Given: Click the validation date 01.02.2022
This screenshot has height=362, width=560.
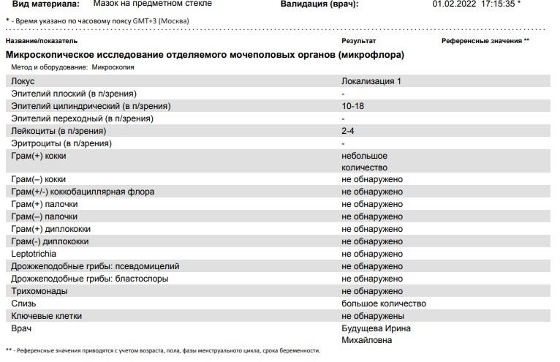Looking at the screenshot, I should click(453, 4).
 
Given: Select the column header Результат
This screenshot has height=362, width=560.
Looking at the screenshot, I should click(358, 41).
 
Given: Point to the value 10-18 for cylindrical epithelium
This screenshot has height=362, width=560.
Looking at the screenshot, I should click(352, 106).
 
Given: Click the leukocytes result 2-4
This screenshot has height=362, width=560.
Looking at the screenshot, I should click(348, 131).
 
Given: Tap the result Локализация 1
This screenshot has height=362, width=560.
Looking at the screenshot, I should click(371, 81).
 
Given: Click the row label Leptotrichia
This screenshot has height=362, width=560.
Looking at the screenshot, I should click(34, 254).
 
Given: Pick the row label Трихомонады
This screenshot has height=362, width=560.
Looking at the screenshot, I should click(39, 291).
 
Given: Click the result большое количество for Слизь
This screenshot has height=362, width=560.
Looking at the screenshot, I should click(384, 303).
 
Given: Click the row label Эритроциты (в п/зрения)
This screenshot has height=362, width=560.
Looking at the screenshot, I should click(61, 143).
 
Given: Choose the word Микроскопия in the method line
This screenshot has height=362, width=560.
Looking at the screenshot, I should click(113, 67).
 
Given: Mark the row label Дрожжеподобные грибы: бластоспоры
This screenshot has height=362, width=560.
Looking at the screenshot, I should click(90, 279).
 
